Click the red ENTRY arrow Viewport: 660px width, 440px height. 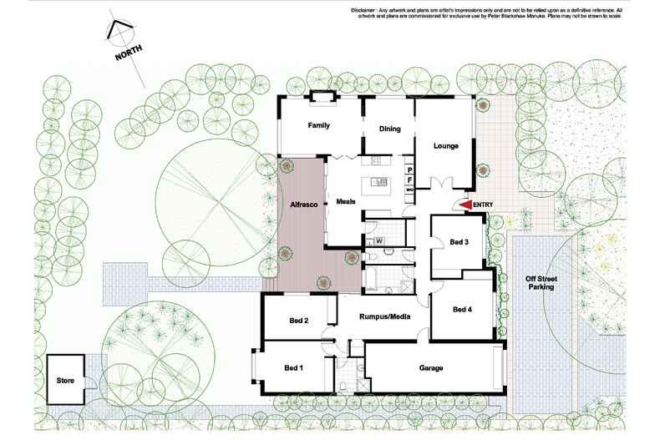[x=465, y=205]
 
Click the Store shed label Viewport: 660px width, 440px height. [x=65, y=381]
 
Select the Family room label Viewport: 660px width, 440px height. [x=318, y=125]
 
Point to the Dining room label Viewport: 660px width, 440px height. [x=390, y=129]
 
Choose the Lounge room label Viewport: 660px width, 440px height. [x=445, y=146]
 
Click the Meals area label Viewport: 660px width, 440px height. [x=346, y=202]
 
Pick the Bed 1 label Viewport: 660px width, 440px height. [x=293, y=367]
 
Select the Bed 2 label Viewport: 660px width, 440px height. [x=300, y=321]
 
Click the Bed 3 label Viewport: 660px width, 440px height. [x=459, y=242]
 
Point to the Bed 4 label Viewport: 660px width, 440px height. [x=462, y=310]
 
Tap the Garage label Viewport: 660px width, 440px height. [x=430, y=367]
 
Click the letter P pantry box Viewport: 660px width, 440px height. [x=410, y=169]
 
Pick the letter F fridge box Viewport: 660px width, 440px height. [x=410, y=180]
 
